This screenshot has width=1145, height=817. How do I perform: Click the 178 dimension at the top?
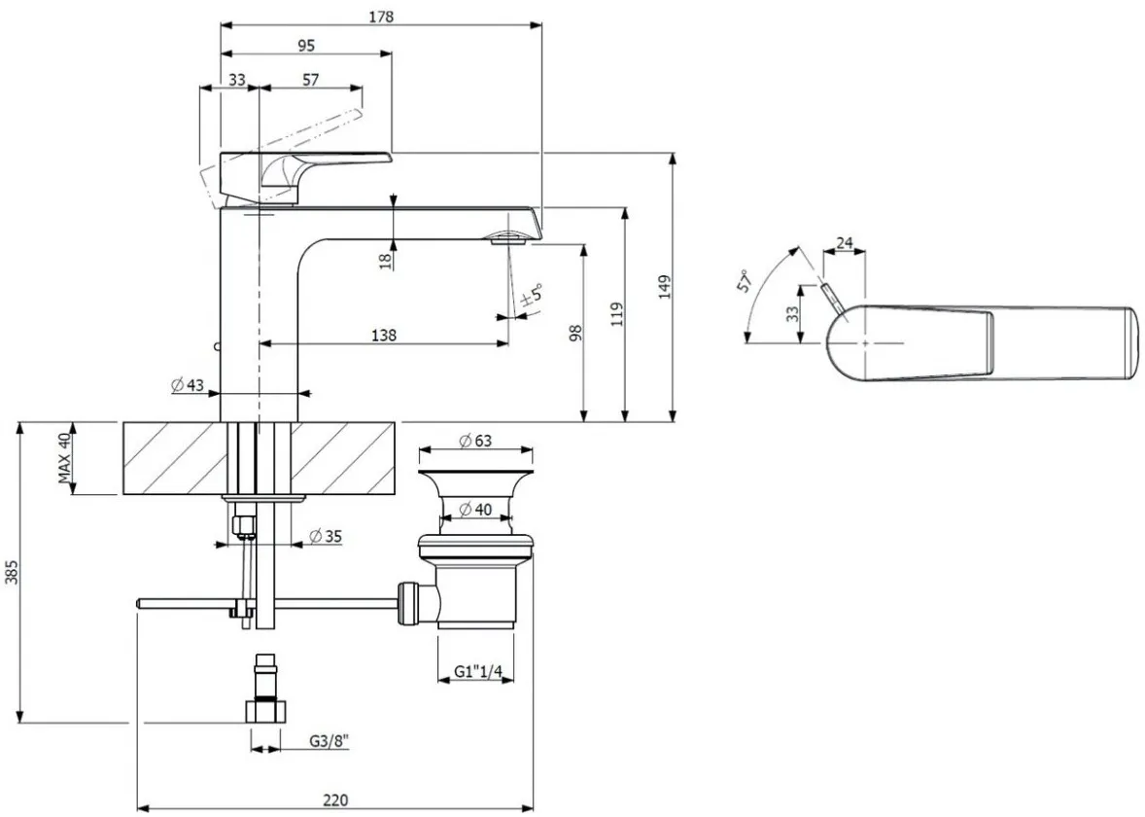point(381,17)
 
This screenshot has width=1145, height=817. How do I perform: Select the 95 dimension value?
point(307,46)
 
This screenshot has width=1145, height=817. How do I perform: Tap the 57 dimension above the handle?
point(310,79)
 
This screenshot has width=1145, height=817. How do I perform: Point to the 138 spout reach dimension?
point(384,335)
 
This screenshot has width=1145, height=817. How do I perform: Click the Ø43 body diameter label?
point(189,384)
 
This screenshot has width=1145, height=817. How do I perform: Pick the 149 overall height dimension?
point(664,287)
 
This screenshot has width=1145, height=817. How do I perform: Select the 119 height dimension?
point(617,313)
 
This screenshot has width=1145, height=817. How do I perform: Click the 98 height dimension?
point(576,334)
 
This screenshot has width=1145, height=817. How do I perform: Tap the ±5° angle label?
point(533,296)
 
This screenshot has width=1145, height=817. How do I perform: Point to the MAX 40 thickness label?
point(65,458)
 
